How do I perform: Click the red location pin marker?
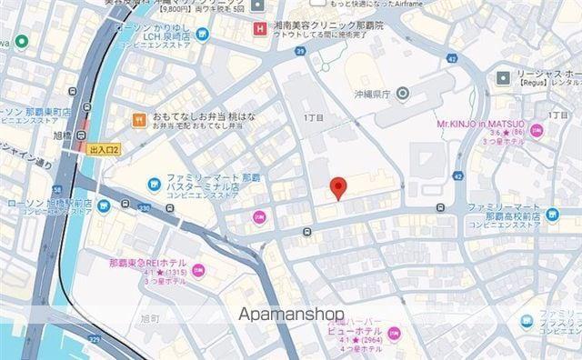[x=338, y=187]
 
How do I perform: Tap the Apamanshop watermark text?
[x=292, y=315]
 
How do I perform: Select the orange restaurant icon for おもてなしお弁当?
[x=139, y=118]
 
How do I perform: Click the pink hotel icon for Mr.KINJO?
[x=536, y=132]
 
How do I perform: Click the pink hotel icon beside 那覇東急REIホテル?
[x=198, y=269]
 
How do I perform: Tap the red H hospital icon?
[x=263, y=28]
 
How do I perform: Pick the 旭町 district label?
[x=150, y=319]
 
